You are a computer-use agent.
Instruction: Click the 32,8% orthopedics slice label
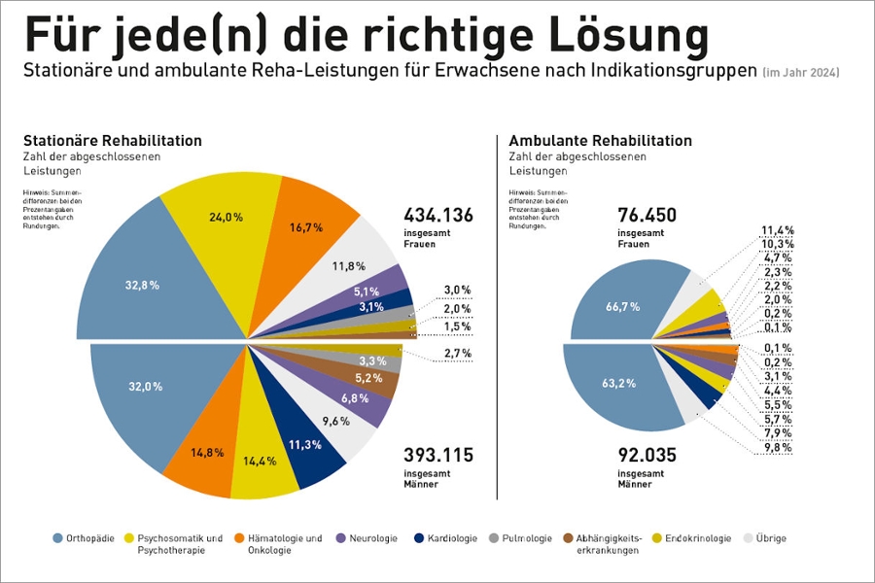pos(142,285)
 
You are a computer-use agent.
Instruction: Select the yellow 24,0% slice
pos(226,218)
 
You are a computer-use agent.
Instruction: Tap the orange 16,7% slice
pos(307,226)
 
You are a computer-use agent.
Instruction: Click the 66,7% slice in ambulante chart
pos(621,306)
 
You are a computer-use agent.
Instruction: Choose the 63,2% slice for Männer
pos(618,383)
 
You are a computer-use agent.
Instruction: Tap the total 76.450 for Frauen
pos(647,215)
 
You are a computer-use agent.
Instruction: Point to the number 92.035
pos(647,455)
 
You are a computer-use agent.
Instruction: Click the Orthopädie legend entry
pos(92,538)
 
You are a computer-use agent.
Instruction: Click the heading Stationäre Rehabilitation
pos(112,141)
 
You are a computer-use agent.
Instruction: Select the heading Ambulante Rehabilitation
pos(600,141)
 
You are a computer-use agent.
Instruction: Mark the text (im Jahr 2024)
pos(800,73)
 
